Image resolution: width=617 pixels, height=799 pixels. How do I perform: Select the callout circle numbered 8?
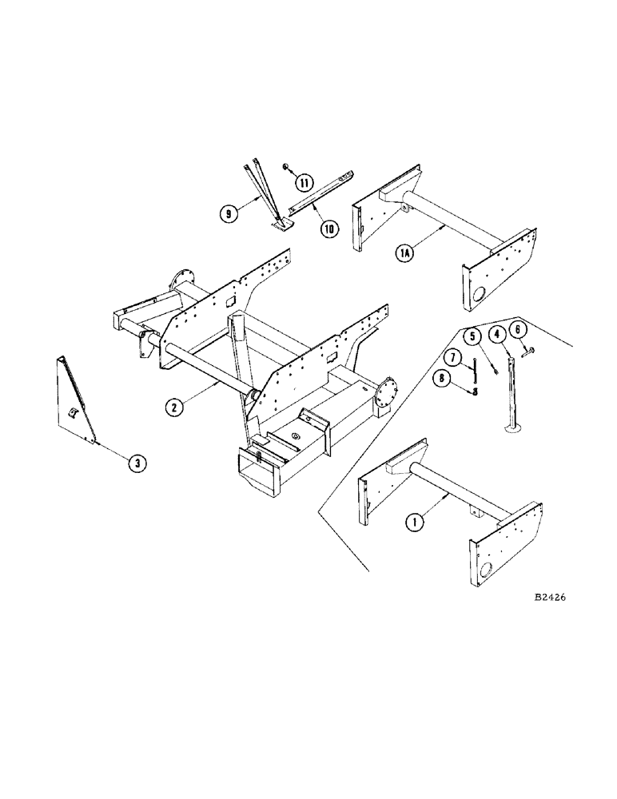click(229, 214)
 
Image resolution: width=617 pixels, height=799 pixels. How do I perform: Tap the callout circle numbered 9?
click(329, 230)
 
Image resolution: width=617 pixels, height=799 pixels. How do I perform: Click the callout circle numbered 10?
click(305, 183)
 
